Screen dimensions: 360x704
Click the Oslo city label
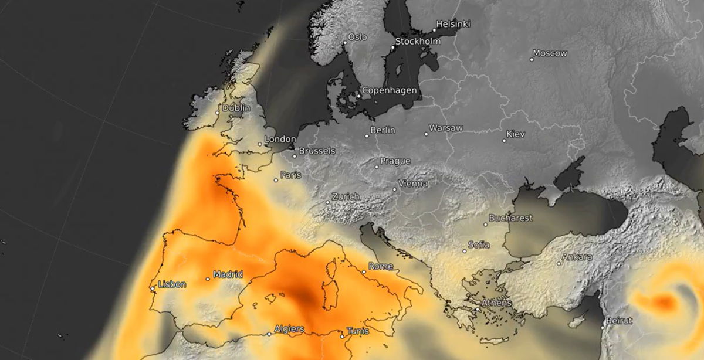point(357,37)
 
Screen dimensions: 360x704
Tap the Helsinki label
point(453,24)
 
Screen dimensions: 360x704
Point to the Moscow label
point(551,53)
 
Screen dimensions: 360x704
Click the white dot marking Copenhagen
point(359,96)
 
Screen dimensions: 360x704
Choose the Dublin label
point(236,108)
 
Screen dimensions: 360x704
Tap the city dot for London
point(260,144)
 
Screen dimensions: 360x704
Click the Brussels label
point(317,151)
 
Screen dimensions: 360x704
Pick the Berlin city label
point(383,130)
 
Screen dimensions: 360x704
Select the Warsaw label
point(446,128)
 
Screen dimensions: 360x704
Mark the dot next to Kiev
point(504,141)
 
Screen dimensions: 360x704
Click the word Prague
point(395,161)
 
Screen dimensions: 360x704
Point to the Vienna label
point(413,184)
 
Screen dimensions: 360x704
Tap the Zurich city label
point(346,196)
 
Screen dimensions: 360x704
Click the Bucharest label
point(510,218)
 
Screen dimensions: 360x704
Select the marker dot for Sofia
point(464,251)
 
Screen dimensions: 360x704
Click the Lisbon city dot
point(153,288)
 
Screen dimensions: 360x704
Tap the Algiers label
point(289,329)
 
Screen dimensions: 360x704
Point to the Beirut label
point(620,321)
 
